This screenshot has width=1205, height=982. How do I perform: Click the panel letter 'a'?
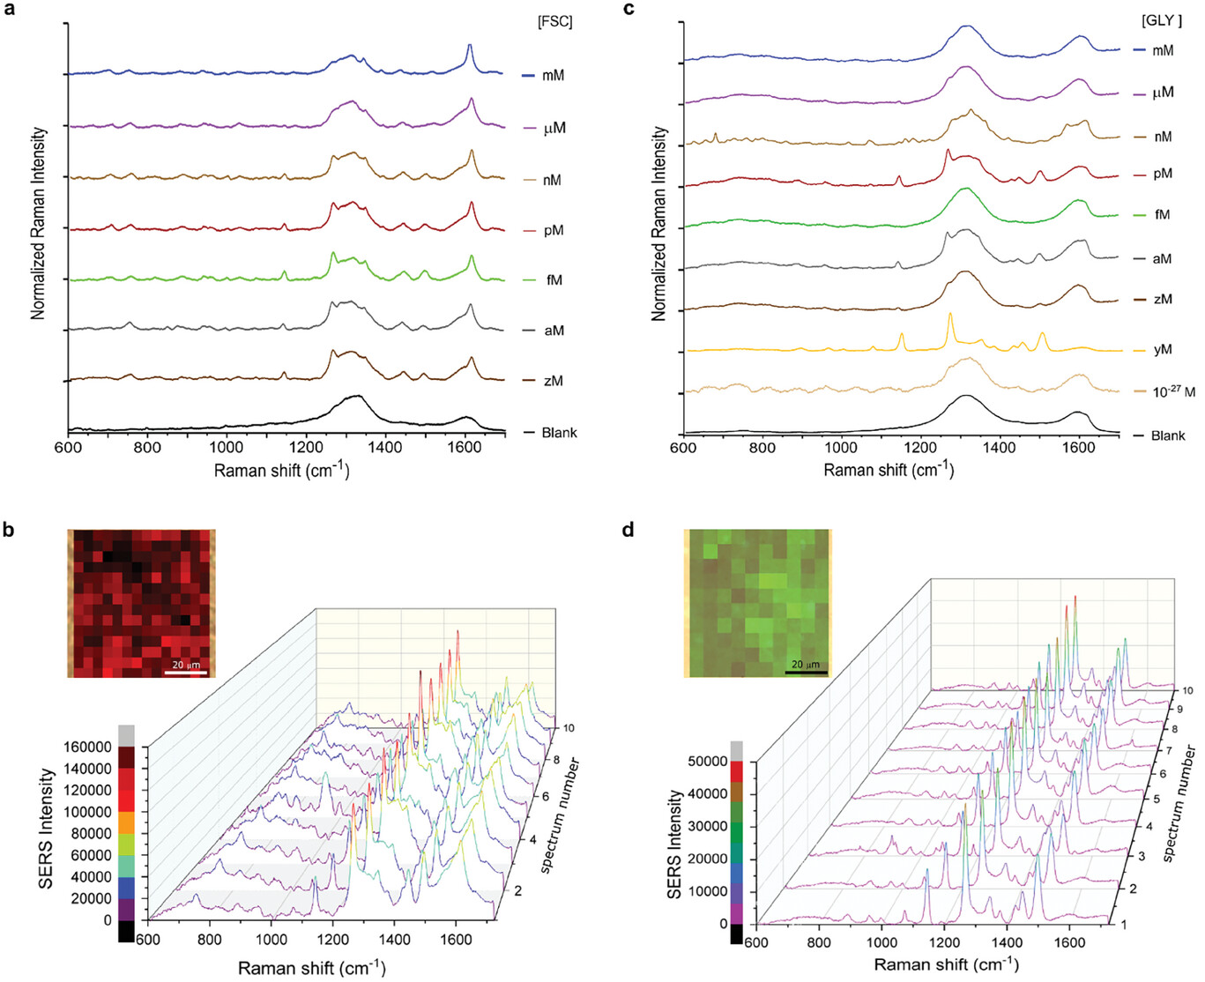click(x=11, y=10)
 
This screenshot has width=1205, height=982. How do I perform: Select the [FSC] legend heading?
click(x=555, y=22)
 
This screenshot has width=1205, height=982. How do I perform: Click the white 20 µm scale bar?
click(x=186, y=673)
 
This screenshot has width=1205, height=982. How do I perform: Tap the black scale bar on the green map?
click(x=806, y=673)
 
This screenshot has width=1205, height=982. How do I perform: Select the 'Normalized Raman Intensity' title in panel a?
click(x=38, y=224)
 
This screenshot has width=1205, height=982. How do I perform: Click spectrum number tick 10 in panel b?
click(x=568, y=728)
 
